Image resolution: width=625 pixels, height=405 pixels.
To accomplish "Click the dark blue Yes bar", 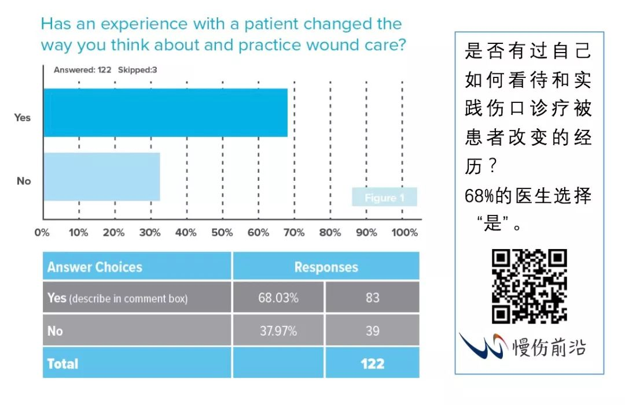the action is point(166,113).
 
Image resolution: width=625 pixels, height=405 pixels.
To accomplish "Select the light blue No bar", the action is point(102,177).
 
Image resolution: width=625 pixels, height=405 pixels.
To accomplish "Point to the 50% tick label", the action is point(222,233).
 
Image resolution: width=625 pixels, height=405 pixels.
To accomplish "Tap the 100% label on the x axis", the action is point(405,233).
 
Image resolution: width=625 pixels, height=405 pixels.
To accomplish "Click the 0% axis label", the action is point(42,233).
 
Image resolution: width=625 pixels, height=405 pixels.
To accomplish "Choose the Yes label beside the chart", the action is point(23,117).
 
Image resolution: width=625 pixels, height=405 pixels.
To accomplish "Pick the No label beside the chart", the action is point(24,181).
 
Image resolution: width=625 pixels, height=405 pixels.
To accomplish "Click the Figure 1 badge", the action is point(384,197).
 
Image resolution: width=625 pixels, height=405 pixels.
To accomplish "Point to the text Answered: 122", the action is point(83,70).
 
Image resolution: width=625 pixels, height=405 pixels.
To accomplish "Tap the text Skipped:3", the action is point(138,70).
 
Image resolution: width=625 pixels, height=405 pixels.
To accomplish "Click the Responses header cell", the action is point(326,266).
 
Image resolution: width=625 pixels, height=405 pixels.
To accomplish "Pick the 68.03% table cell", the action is point(278,298).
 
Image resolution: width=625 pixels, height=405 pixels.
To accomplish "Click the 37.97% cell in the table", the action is point(278,330).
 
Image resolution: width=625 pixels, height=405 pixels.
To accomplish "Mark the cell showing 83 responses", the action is point(372,298).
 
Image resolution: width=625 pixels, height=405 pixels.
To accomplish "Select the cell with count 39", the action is point(372,330).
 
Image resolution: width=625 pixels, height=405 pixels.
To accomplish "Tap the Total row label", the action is point(62,363).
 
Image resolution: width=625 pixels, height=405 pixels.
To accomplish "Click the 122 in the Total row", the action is point(372,363).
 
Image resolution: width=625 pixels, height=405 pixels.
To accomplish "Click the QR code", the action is point(530,287).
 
